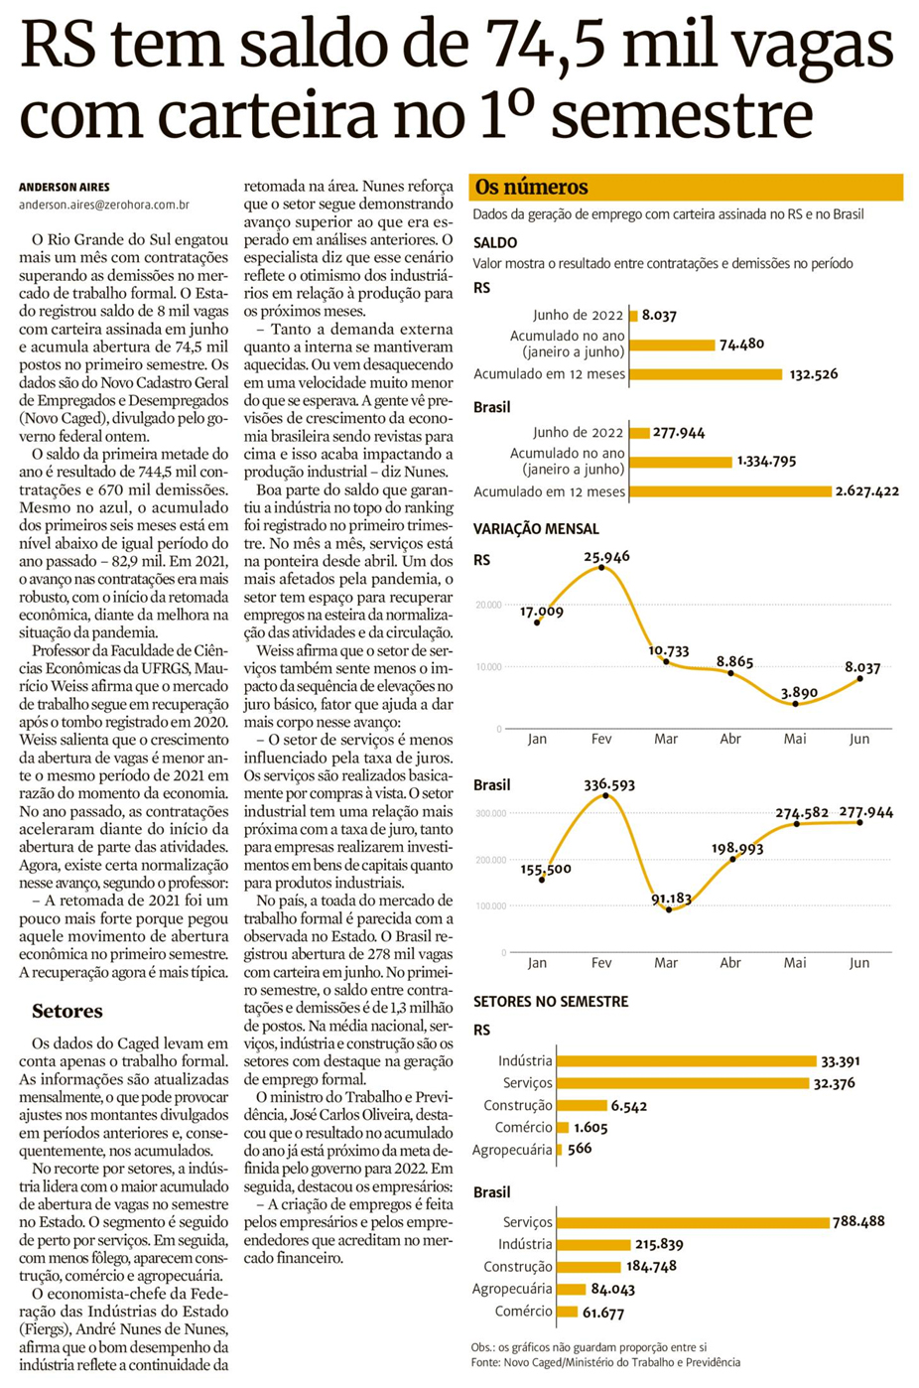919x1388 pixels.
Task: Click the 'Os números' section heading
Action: tap(531, 187)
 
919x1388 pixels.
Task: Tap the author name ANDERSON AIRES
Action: tap(65, 187)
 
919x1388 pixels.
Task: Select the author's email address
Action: tap(104, 205)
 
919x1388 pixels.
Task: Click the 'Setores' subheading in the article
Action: tap(67, 1012)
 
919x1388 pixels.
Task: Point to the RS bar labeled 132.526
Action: tap(706, 374)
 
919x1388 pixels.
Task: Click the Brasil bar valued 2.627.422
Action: tap(730, 491)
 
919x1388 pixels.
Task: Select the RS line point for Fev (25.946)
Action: tap(601, 569)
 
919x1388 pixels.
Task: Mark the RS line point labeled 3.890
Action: tap(796, 704)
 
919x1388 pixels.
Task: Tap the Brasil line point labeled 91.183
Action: tap(669, 909)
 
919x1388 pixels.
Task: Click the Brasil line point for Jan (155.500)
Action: tap(542, 880)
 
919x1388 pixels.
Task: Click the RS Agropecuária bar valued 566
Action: tap(560, 1150)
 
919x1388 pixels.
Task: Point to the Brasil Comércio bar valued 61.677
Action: tap(567, 1312)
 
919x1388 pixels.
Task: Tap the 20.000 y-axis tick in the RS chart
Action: tap(487, 605)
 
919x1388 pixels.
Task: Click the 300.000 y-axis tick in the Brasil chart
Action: tap(490, 813)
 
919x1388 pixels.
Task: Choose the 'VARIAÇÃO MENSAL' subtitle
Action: tap(536, 529)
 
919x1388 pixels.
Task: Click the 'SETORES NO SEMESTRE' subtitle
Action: tap(551, 1002)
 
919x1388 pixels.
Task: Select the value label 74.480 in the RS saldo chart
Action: tap(742, 345)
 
